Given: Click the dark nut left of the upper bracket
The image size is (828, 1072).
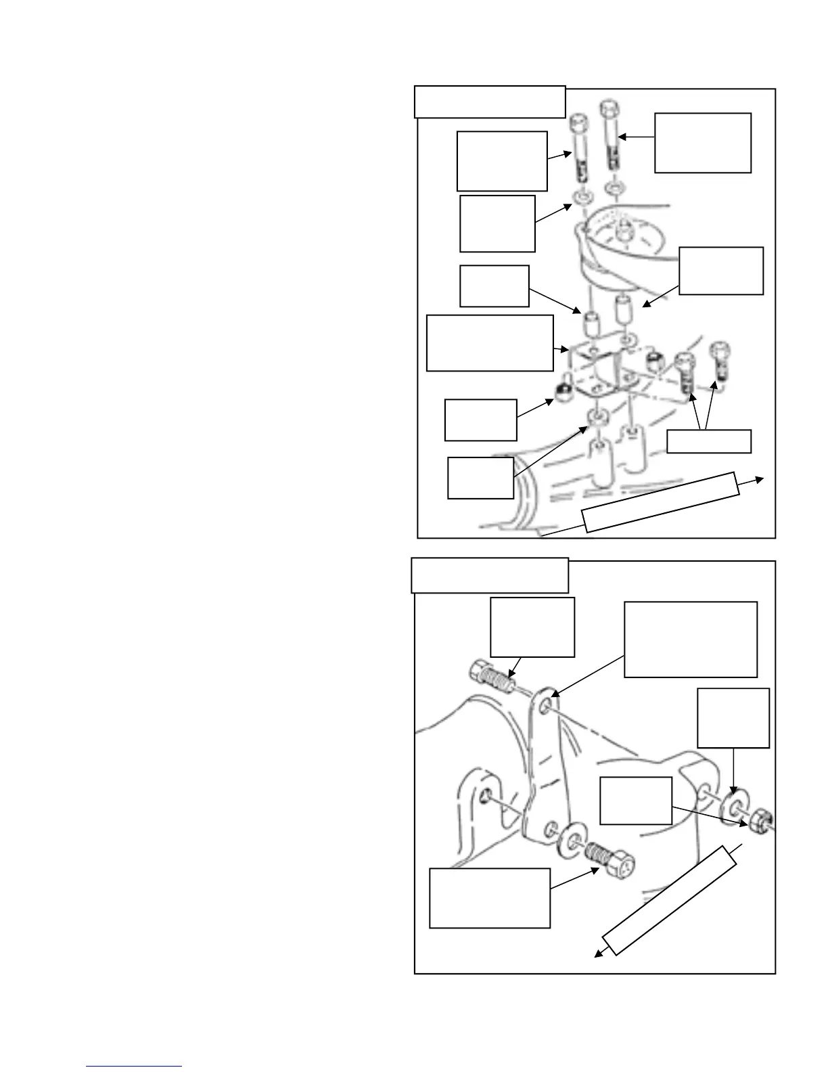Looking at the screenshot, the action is [x=562, y=393].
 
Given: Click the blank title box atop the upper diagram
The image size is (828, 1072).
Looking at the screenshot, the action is [x=490, y=102].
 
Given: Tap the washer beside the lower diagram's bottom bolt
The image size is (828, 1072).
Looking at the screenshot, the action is [x=574, y=841].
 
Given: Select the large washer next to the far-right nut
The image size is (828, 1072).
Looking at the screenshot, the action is [x=731, y=807].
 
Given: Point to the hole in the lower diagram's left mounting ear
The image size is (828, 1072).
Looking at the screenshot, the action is [x=484, y=799].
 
